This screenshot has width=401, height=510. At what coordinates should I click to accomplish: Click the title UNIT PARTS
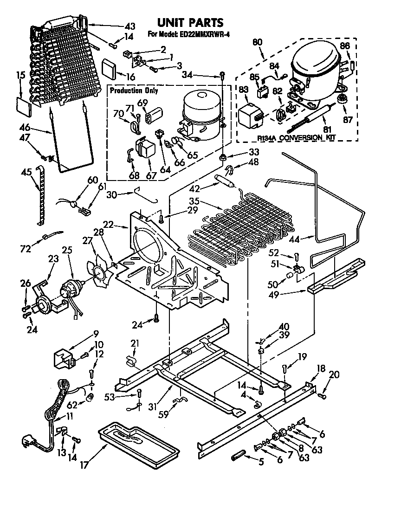pyautogui.click(x=190, y=22)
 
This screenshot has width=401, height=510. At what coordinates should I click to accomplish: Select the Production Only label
pyautogui.click(x=134, y=90)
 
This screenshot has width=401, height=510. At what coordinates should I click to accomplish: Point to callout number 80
pyautogui.click(x=257, y=42)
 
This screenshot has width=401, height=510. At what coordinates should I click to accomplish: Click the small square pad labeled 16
pyautogui.click(x=110, y=68)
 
